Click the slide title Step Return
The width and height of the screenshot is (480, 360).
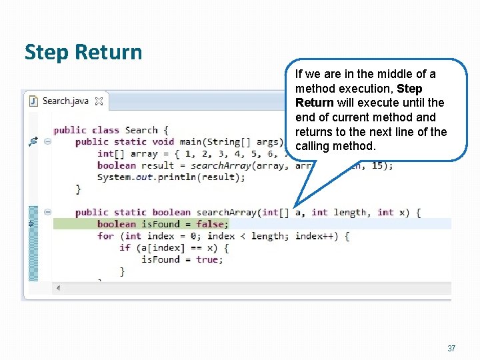pyautogui.click(x=83, y=52)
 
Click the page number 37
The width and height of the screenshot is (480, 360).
pyautogui.click(x=451, y=349)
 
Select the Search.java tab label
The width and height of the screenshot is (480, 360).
pyautogui.click(x=66, y=101)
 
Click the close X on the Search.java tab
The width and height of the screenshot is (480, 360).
pyautogui.click(x=98, y=101)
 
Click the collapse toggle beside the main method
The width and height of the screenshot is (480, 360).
pyautogui.click(x=48, y=141)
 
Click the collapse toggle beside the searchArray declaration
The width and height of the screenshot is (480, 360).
pyautogui.click(x=48, y=213)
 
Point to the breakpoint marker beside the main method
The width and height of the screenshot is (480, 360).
pyautogui.click(x=33, y=141)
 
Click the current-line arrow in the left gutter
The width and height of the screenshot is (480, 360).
pyautogui.click(x=31, y=224)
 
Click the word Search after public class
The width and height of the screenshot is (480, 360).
pyautogui.click(x=141, y=130)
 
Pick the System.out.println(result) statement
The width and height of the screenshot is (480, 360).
pyautogui.click(x=171, y=177)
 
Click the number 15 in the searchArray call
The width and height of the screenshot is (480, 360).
pyautogui.click(x=377, y=165)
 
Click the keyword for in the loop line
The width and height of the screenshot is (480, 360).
pyautogui.click(x=105, y=236)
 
